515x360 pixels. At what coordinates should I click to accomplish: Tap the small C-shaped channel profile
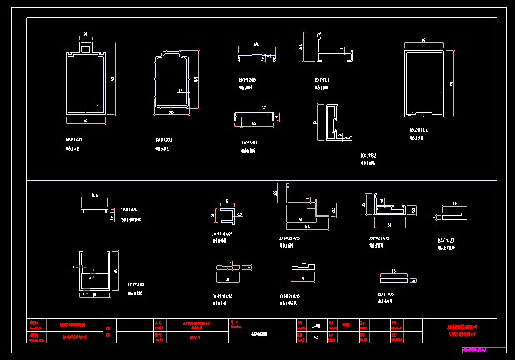click(226, 215)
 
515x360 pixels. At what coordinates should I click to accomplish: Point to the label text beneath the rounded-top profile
click(163, 144)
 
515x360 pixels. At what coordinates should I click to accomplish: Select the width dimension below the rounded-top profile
click(172, 113)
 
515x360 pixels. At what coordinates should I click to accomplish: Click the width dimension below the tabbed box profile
click(85, 120)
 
